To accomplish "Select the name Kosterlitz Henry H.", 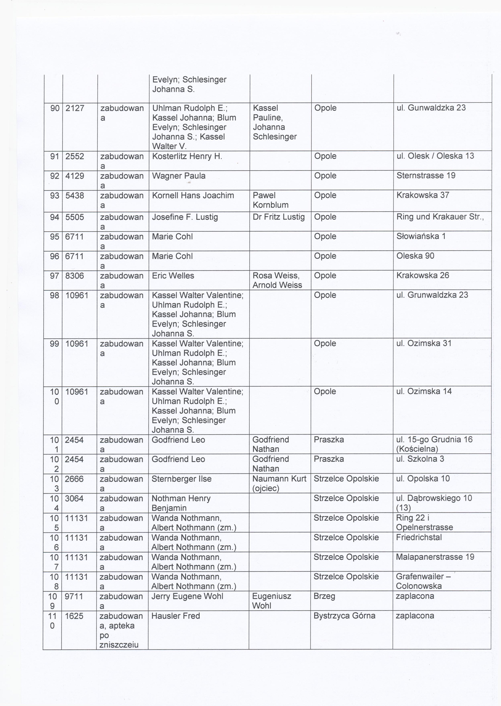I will coord(187,156).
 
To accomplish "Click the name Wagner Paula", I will coord(179,176).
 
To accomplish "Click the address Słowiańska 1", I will coord(421,236).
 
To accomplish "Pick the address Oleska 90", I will coord(415,256).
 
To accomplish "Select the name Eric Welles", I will coord(173,275).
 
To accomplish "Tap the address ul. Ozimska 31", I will coord(424,343).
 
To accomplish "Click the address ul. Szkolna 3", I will coord(420,459).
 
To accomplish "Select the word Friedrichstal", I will coord(419,537).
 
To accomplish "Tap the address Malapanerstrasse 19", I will coord(435,557).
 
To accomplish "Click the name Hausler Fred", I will coord(176,616).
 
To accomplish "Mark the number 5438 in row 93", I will coord(74,195).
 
